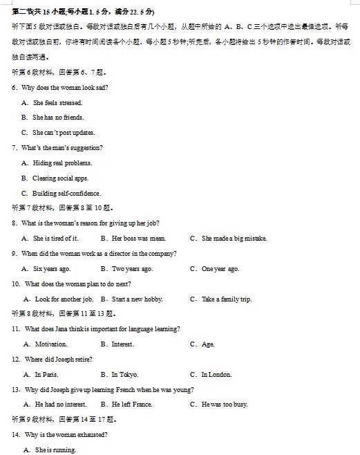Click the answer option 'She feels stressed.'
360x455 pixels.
57,103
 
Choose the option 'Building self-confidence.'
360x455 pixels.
66,194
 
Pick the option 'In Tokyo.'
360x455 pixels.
124,375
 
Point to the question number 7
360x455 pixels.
15,148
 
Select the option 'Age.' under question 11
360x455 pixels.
208,344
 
